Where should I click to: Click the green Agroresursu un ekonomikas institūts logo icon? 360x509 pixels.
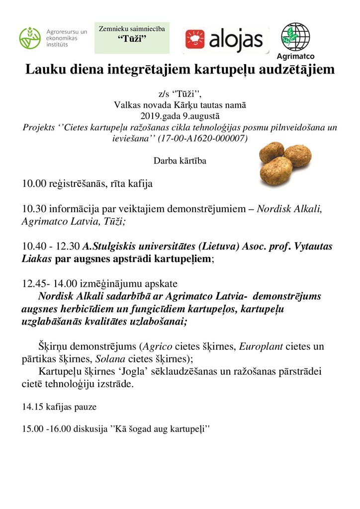[x=30, y=38]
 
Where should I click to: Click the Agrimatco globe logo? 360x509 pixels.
[x=295, y=36]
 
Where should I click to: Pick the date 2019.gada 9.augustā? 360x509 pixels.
[x=180, y=116]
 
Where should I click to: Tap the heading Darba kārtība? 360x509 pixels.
[x=180, y=161]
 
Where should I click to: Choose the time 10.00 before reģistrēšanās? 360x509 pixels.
[x=32, y=184]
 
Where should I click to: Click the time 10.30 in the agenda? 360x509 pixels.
[x=32, y=209]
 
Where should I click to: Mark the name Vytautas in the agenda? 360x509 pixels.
[x=308, y=247]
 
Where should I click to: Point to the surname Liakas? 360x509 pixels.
[x=37, y=258]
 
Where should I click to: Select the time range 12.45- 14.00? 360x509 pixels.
[x=51, y=284]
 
